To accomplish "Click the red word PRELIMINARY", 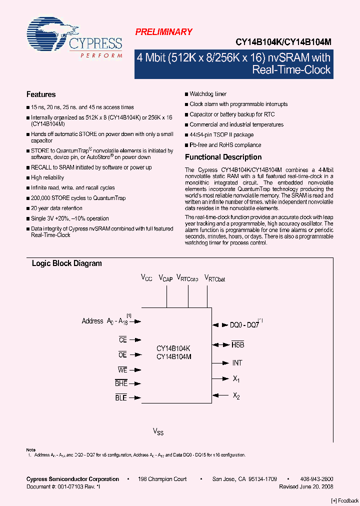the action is point(163,32).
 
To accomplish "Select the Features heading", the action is point(41,94).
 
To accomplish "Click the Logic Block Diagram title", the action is point(66,263).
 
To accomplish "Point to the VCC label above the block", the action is point(146,277).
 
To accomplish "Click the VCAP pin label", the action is point(166,278).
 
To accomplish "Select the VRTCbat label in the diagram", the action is point(216,278).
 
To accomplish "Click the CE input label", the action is point(122,340).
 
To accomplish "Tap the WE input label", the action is point(122,370).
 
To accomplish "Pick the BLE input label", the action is point(121,398).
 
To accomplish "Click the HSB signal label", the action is point(238,345).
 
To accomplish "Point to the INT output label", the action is point(237,363).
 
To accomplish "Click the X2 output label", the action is point(236,396).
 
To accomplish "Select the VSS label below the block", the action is point(158,431).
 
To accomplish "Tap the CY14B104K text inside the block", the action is point(173,348).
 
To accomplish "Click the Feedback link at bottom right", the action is point(345,500).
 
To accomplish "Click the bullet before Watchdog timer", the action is point(186,94).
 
